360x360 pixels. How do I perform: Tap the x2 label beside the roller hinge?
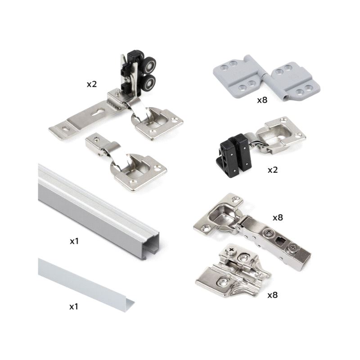pos(92,84)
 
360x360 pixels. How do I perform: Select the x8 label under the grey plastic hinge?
pos(262,100)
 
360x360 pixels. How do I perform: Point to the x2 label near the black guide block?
pos(273,170)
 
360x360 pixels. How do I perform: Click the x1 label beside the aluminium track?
pos(74,241)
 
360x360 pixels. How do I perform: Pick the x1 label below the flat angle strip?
pos(74,306)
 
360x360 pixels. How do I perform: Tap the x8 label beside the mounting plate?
pos(273,295)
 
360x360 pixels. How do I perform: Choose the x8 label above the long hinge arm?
pos(278,218)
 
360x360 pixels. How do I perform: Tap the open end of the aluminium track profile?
pos(152,245)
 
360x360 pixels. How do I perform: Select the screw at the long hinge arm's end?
pos(293,248)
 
